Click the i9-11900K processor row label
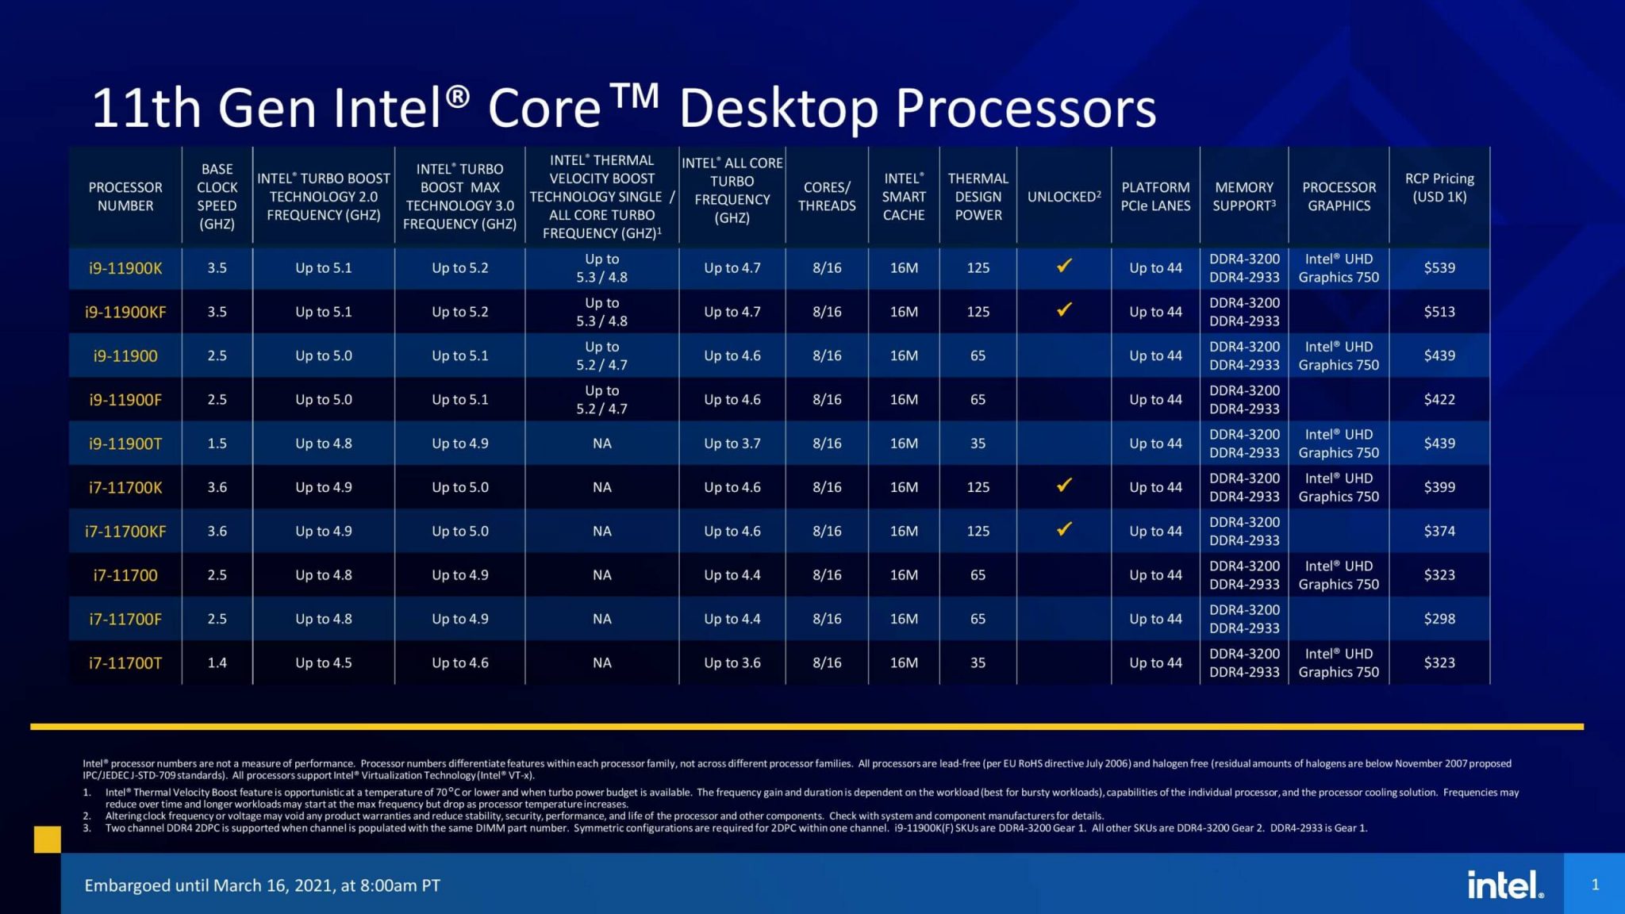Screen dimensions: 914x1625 (125, 268)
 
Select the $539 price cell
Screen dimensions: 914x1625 (1439, 268)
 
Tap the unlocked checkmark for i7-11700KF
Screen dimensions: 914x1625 (1064, 528)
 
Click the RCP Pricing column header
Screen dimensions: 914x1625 (1439, 188)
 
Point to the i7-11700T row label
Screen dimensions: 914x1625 (125, 662)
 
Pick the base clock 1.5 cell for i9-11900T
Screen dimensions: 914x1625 (217, 444)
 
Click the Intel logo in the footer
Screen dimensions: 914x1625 (1504, 884)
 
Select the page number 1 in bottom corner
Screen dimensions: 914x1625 (1595, 884)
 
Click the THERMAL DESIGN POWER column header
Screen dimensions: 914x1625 (978, 197)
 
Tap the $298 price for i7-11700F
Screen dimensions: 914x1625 (1439, 619)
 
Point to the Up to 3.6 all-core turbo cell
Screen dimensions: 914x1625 (732, 662)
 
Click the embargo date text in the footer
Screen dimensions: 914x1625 (262, 885)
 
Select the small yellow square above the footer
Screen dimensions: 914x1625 (48, 839)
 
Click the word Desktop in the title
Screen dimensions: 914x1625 (778, 109)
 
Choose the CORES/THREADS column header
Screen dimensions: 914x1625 (826, 197)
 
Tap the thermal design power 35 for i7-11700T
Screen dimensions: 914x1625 (978, 662)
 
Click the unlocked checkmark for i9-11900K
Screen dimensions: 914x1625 (1064, 266)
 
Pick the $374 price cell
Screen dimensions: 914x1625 (1439, 531)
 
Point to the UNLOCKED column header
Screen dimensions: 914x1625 (1063, 197)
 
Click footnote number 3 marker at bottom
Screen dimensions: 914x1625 (86, 828)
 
